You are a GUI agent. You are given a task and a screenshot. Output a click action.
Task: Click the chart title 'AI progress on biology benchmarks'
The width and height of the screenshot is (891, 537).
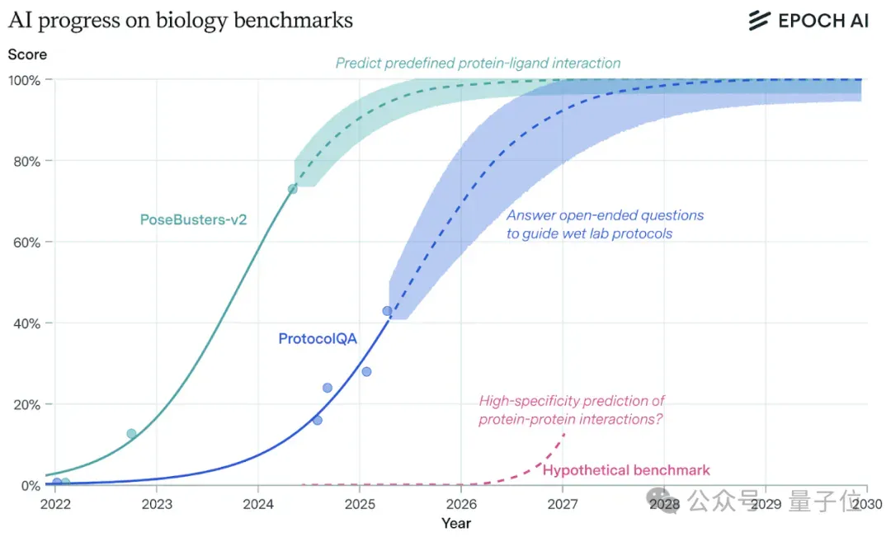181,21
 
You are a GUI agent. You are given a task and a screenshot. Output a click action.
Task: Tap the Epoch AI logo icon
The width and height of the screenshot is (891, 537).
759,21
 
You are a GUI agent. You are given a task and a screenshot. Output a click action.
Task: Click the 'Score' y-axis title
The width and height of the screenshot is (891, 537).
27,54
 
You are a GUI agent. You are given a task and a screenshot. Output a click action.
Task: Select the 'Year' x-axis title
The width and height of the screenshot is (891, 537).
455,523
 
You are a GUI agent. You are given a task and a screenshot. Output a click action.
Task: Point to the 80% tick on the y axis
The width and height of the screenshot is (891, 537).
26,162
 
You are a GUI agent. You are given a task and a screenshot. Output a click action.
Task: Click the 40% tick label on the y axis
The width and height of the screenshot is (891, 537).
26,324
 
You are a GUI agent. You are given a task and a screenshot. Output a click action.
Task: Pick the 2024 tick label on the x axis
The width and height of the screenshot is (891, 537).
258,504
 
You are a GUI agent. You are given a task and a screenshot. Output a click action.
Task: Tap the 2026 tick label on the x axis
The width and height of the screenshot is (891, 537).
461,504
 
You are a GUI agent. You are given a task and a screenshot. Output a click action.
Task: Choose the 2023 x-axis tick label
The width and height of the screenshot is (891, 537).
157,504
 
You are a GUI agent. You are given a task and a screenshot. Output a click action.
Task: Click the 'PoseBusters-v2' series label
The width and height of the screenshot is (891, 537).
193,220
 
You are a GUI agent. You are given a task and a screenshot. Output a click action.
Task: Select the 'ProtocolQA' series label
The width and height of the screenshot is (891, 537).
318,339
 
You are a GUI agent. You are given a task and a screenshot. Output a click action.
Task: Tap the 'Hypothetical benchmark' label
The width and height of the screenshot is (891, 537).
626,470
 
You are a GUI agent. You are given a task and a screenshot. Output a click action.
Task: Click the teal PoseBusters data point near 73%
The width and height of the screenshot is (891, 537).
292,189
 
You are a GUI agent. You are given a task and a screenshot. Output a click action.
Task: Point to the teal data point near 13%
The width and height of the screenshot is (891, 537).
131,434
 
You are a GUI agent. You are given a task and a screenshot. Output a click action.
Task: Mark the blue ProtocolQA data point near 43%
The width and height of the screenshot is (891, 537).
387,312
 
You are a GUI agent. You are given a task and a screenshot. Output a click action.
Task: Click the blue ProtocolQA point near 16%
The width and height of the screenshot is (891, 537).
317,421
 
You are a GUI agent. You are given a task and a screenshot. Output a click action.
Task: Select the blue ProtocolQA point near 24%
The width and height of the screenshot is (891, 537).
328,389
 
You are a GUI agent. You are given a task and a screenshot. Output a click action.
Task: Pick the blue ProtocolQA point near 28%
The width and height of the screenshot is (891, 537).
366,372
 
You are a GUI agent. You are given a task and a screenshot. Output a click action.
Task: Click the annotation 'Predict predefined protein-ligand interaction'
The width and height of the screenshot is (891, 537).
478,63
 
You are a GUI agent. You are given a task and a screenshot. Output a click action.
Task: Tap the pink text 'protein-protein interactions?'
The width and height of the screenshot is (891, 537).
571,419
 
